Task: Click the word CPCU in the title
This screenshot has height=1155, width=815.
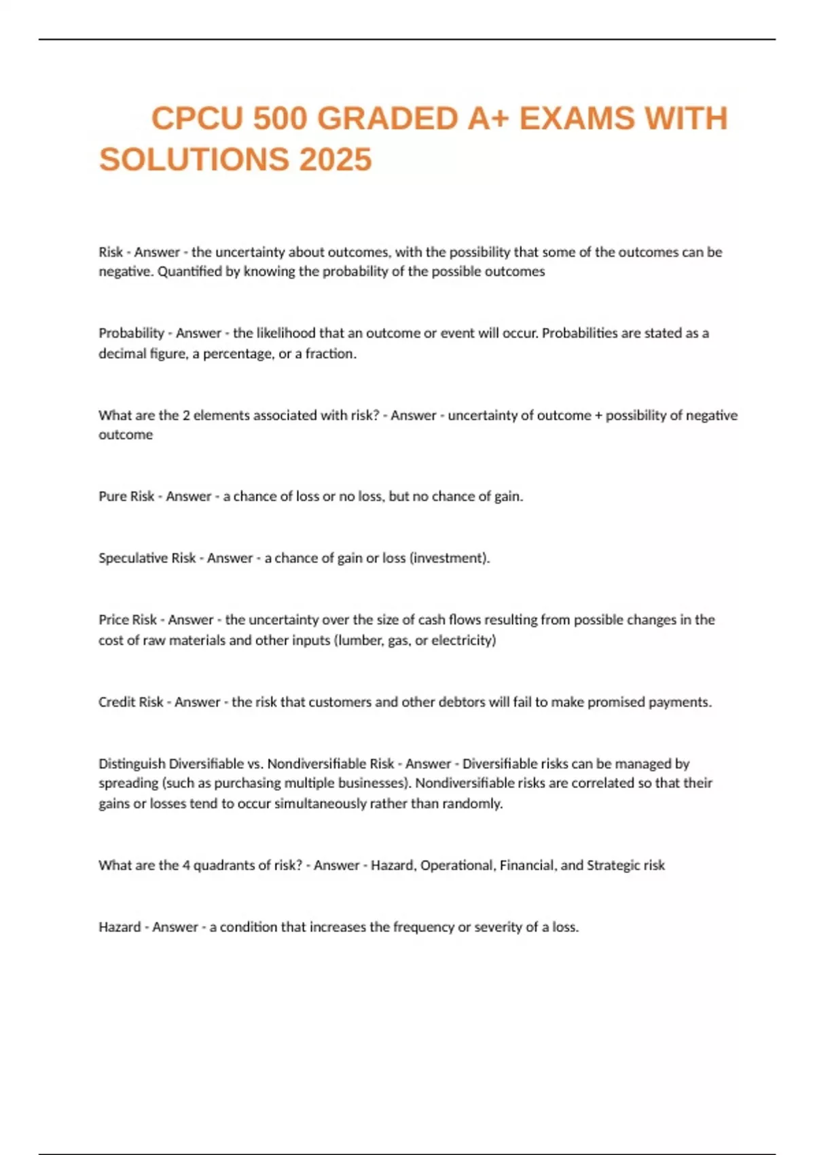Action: point(196,119)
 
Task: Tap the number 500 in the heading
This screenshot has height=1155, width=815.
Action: point(280,119)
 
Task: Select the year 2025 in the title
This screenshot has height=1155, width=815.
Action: point(336,160)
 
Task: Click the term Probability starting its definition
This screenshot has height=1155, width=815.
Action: point(131,333)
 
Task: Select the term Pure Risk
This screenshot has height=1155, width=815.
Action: point(126,497)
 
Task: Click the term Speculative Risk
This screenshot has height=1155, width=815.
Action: point(147,558)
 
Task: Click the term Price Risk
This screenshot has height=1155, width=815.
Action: point(128,620)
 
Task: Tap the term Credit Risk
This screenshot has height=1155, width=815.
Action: point(130,702)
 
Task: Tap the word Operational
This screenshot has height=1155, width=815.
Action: point(458,866)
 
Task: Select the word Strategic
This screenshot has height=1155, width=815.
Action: point(613,866)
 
